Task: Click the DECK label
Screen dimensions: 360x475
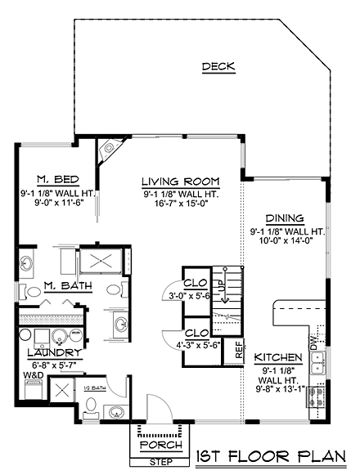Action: tap(218, 66)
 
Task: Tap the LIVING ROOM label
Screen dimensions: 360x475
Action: tap(181, 181)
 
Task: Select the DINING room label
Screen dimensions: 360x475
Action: tap(285, 218)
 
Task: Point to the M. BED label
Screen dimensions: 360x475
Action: tap(58, 179)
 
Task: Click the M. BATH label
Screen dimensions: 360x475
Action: tap(68, 285)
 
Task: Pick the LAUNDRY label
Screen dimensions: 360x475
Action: tap(55, 352)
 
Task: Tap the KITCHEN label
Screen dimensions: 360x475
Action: tap(278, 357)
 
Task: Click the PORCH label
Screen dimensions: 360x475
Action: tap(161, 445)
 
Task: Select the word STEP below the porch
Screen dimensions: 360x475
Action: tap(161, 462)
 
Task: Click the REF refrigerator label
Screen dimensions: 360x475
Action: tap(239, 350)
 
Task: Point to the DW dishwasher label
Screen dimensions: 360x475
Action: tap(313, 343)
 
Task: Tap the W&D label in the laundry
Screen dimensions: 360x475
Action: tap(34, 375)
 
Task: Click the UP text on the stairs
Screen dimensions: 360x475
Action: tap(223, 285)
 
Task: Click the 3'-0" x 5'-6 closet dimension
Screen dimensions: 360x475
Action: tap(190, 296)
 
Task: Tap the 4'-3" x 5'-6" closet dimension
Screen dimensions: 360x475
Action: tap(198, 345)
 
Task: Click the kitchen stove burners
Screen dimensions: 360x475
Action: tap(317, 397)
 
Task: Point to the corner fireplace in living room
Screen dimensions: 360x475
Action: tap(109, 150)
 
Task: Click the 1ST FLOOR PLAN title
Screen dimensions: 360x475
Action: tap(271, 457)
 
